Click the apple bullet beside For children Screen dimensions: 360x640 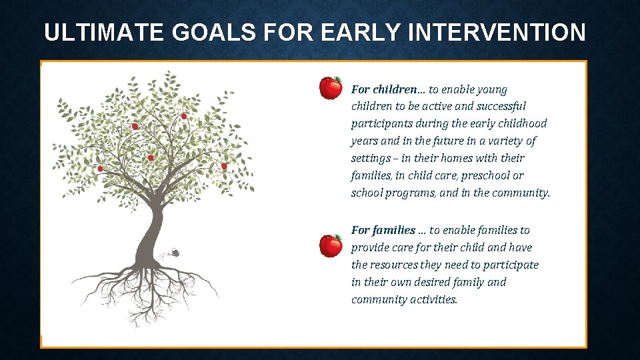tap(331, 88)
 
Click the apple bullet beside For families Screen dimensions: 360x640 tap(331, 245)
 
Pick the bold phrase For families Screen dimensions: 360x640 tap(383, 230)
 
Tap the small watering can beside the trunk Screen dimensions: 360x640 tap(174, 252)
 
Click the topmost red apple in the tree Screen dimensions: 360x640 tap(184, 116)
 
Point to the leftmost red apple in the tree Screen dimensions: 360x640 tap(101, 169)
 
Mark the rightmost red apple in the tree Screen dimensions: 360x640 tap(224, 166)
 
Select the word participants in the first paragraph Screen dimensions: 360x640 tap(381, 124)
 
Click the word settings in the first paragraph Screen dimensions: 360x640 tap(370, 159)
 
